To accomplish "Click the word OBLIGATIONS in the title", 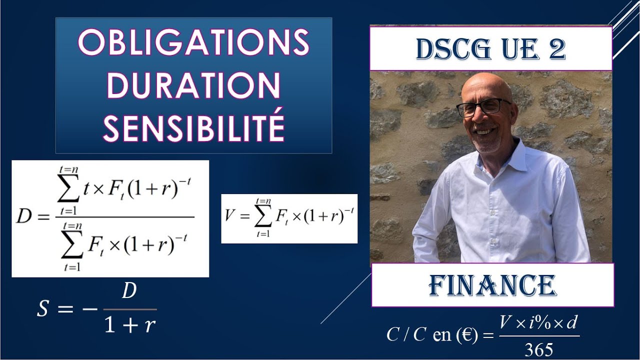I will tap(193, 43).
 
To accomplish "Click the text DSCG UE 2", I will tap(490, 49).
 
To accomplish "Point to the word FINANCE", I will tap(492, 285).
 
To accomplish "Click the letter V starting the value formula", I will tap(230, 216).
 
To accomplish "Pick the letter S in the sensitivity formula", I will tap(43, 308).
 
